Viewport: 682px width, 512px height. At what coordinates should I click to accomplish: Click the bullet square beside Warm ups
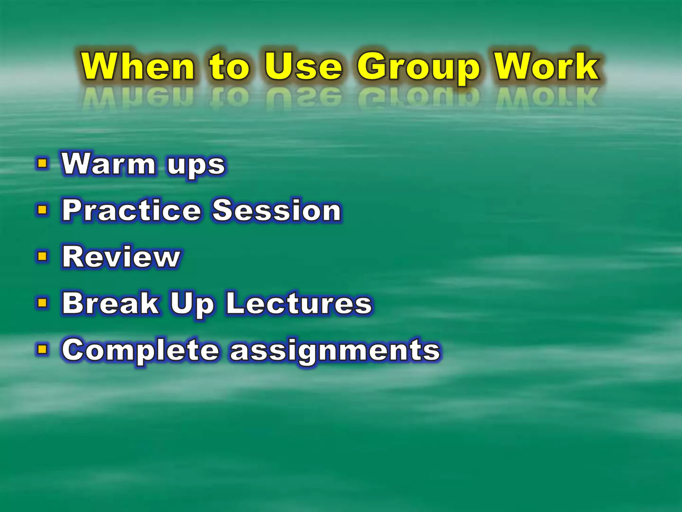point(42,164)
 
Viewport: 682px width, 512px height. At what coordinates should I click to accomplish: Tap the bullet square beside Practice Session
point(42,210)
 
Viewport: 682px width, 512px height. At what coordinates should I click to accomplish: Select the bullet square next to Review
point(42,256)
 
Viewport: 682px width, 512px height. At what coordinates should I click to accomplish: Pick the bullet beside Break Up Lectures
point(42,303)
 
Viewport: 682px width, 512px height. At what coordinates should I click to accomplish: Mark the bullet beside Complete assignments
point(42,349)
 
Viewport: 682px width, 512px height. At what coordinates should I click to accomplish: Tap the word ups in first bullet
point(196,166)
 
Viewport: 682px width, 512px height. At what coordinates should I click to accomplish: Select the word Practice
point(132,210)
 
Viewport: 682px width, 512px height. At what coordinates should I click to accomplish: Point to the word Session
point(277,210)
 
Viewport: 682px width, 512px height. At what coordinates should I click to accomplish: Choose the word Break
point(111,303)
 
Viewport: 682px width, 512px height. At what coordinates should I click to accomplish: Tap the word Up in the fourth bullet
point(192,305)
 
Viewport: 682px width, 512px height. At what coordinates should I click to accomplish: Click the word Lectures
point(299,303)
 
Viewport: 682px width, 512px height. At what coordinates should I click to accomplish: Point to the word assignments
point(335,351)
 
